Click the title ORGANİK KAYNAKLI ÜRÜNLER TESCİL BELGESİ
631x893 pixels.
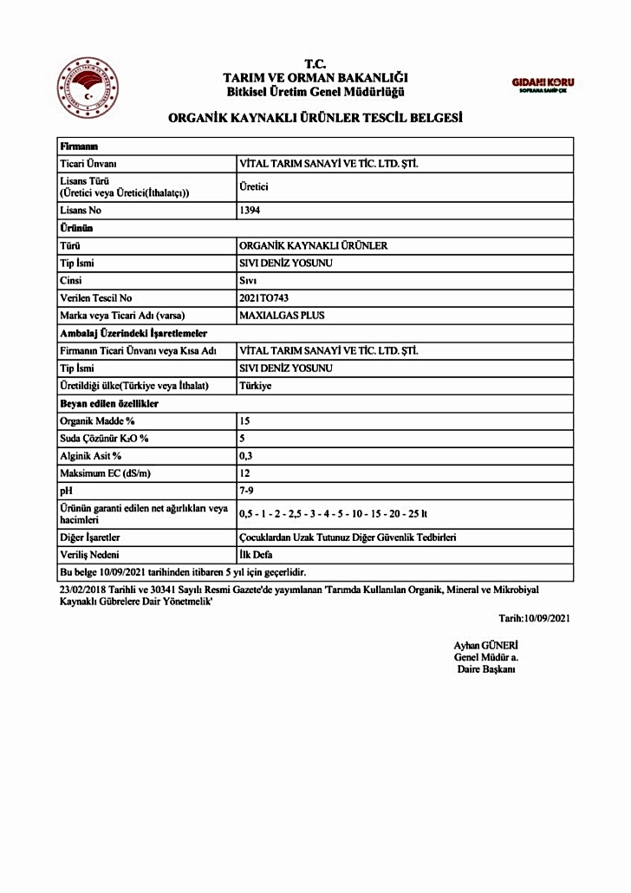click(315, 118)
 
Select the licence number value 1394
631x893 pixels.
click(250, 211)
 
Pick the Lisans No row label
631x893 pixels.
click(83, 211)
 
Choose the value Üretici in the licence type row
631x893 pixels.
click(253, 186)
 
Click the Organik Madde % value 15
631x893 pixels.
click(244, 420)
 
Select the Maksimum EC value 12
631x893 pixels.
click(244, 473)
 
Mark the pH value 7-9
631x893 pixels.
click(247, 491)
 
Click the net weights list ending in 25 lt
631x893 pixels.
click(334, 514)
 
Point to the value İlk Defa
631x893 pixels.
click(256, 555)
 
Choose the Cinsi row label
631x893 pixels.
click(70, 281)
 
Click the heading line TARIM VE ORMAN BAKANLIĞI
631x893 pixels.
click(315, 78)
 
